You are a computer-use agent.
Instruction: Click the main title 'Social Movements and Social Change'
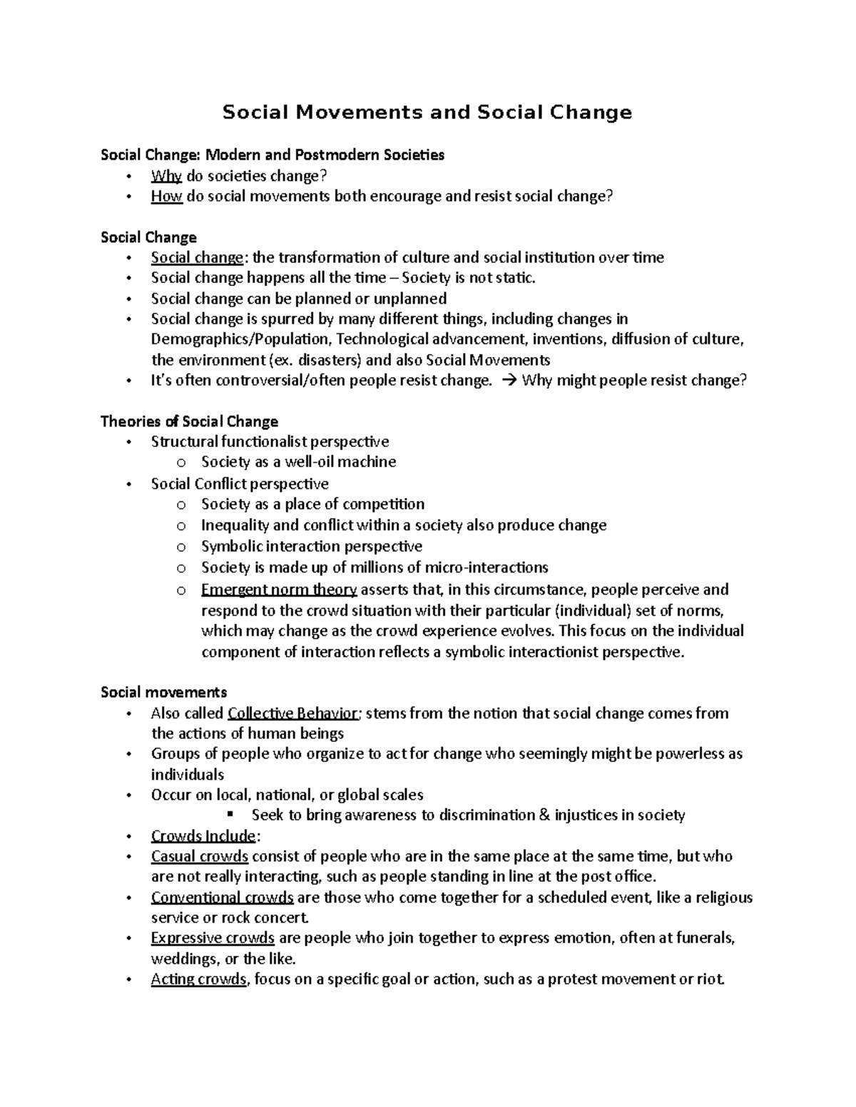point(427,113)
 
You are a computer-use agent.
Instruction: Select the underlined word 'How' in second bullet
point(167,197)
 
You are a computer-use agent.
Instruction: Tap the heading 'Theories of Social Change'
point(189,421)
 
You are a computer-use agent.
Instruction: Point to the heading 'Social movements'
point(164,692)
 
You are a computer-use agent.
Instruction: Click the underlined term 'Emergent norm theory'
point(279,589)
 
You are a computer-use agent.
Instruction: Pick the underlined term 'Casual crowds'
point(200,856)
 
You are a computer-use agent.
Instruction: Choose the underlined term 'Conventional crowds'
point(223,897)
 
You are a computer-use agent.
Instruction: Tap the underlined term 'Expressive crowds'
point(213,938)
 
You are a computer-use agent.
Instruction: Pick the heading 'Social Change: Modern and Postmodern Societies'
point(272,155)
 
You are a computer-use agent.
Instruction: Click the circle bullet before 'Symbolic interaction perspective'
point(182,547)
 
